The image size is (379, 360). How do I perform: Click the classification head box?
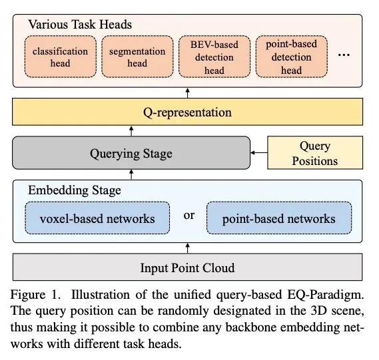click(x=61, y=57)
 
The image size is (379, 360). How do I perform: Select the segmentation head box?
click(x=137, y=57)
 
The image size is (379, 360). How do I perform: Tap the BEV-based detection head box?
click(x=214, y=57)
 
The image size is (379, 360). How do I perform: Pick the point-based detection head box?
click(x=292, y=57)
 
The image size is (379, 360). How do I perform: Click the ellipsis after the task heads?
click(x=344, y=55)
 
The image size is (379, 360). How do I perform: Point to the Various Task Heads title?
click(x=80, y=25)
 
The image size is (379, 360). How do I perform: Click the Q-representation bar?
click(x=188, y=112)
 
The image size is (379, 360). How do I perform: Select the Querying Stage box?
click(x=131, y=152)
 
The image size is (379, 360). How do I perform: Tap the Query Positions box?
click(x=315, y=152)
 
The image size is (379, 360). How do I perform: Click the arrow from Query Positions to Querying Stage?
click(x=259, y=152)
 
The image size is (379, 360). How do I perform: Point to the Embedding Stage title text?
click(x=75, y=190)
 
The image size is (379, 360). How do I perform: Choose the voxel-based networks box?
click(x=97, y=218)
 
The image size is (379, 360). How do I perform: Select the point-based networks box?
click(x=279, y=218)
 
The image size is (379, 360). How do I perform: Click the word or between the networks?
click(x=189, y=216)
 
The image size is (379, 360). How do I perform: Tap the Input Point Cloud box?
click(x=188, y=267)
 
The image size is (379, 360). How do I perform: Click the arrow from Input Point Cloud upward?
click(x=188, y=248)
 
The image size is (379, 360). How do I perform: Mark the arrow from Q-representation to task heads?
click(x=188, y=92)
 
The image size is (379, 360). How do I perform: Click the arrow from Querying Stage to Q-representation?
click(x=131, y=131)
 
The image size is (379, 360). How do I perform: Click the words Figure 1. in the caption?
click(x=35, y=295)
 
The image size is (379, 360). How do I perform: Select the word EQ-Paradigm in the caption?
click(x=326, y=295)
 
